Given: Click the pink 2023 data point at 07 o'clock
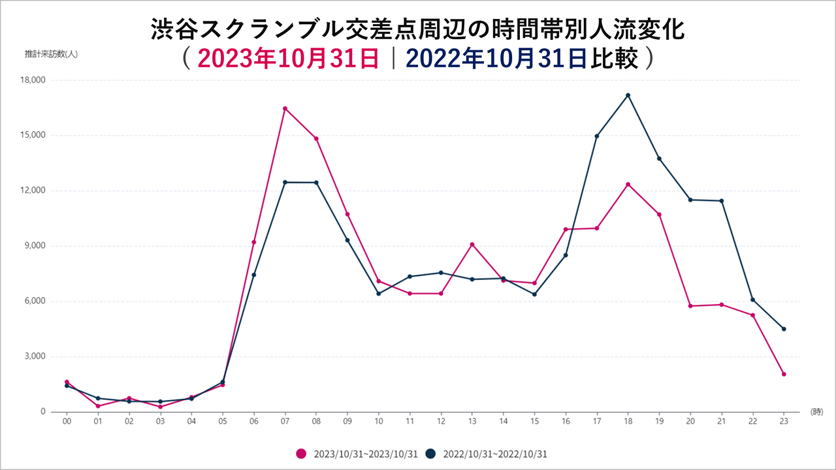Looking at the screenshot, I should click(x=285, y=108).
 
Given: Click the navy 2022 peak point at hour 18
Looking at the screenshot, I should click(x=628, y=95).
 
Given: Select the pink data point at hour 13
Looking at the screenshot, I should click(x=472, y=244).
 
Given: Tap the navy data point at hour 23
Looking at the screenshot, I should click(x=784, y=329).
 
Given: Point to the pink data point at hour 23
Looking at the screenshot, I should click(x=784, y=374).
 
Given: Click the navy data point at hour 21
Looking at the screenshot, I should click(x=721, y=201).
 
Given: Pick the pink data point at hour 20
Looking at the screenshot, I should click(x=690, y=306).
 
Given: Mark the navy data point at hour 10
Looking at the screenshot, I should click(x=378, y=294).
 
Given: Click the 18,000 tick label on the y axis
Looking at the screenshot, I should click(x=32, y=80).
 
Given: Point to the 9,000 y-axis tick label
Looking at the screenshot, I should click(x=34, y=246).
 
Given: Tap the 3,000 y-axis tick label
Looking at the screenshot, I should click(x=34, y=356).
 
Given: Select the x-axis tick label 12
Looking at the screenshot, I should click(x=441, y=422).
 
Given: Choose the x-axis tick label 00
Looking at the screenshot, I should click(x=67, y=422).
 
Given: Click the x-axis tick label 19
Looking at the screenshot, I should click(x=659, y=422).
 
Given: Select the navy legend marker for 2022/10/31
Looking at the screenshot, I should click(x=431, y=453).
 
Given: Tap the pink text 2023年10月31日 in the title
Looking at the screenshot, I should click(x=288, y=59).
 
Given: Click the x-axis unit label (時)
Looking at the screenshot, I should click(x=816, y=412).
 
